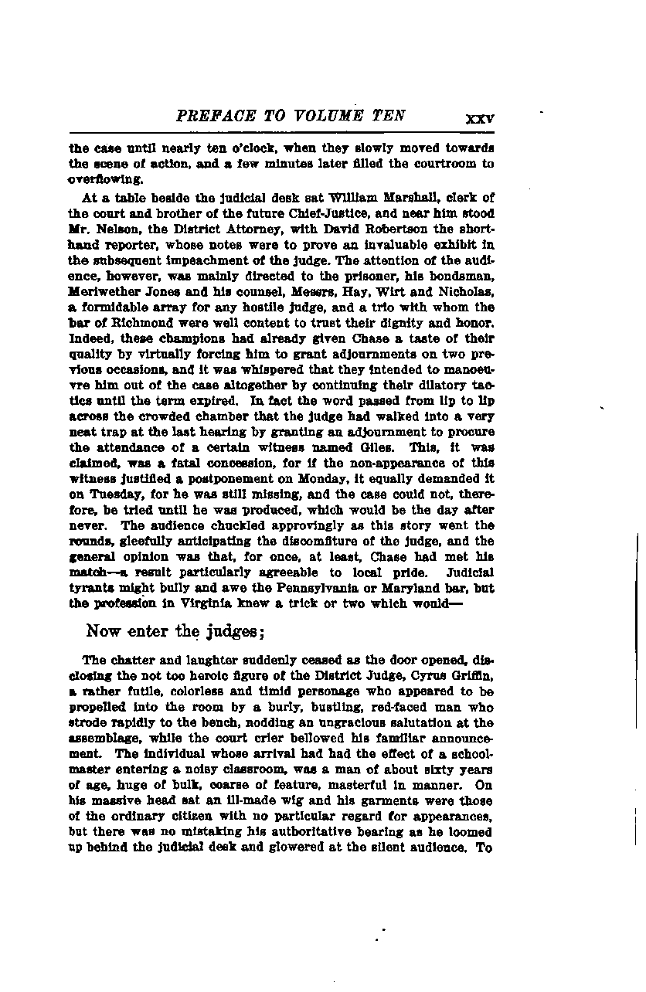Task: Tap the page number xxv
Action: [479, 119]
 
